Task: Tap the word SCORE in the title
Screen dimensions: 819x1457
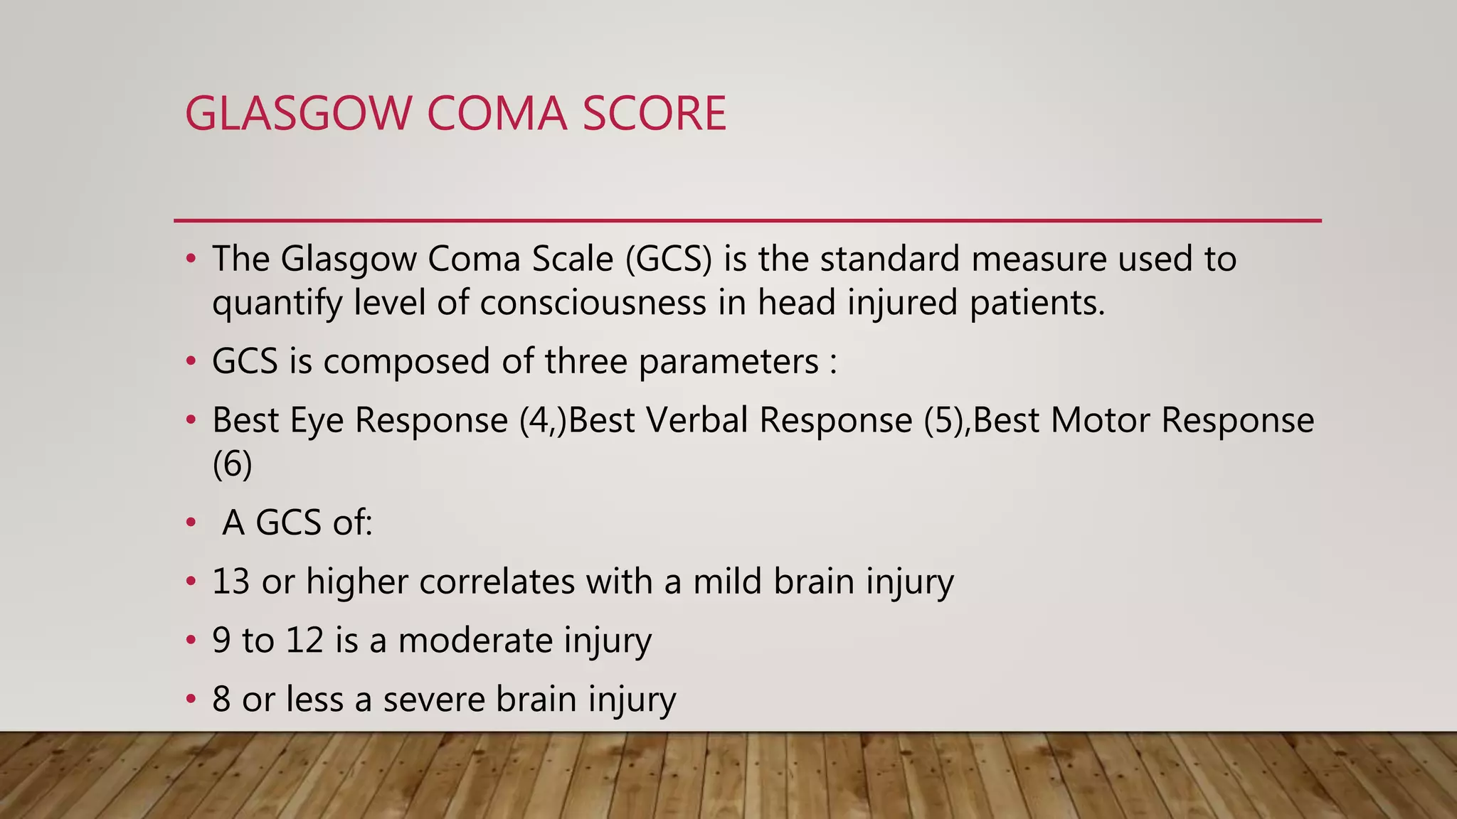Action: pyautogui.click(x=655, y=114)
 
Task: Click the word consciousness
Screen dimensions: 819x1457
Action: pyautogui.click(x=593, y=303)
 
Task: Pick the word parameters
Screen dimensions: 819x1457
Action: pyautogui.click(x=728, y=362)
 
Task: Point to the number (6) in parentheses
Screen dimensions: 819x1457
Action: pyautogui.click(x=232, y=465)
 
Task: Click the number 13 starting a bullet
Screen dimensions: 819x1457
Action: pyautogui.click(x=231, y=582)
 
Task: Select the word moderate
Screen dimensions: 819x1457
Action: pyautogui.click(x=475, y=640)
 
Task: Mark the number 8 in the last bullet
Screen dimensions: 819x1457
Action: pyautogui.click(x=221, y=699)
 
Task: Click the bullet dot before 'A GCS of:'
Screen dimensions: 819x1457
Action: pyautogui.click(x=190, y=523)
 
